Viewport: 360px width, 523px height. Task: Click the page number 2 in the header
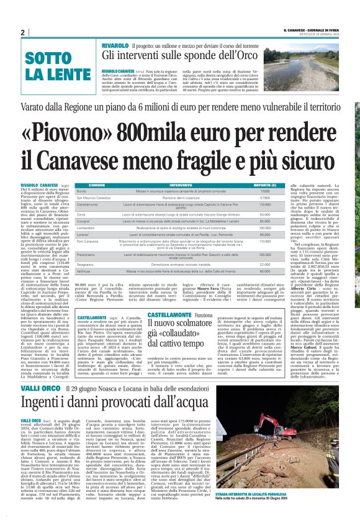click(22, 32)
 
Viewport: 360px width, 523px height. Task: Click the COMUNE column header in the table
click(96, 185)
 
